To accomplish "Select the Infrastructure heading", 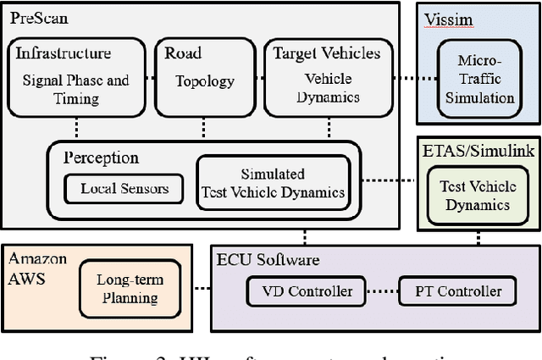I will click(x=64, y=53).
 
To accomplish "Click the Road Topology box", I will click(x=202, y=77).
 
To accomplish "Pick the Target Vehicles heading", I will click(x=326, y=53).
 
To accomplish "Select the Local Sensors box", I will click(x=124, y=188).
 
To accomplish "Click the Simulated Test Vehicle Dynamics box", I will click(x=272, y=182).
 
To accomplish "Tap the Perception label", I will click(x=101, y=158).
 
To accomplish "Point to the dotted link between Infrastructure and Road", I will click(x=152, y=77).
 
